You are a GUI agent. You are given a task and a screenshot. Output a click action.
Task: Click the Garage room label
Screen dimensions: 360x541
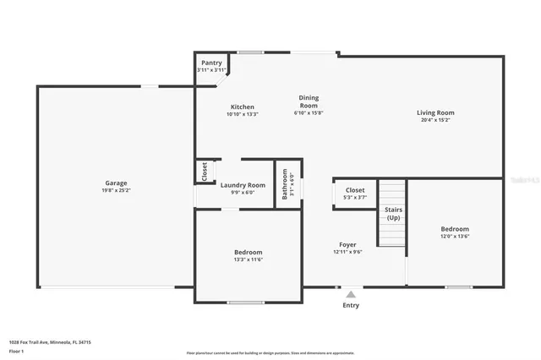pos(116,183)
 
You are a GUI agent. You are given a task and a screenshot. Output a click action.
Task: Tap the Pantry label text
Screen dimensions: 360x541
pos(210,63)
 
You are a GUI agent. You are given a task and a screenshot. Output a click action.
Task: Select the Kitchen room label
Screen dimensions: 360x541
pos(243,107)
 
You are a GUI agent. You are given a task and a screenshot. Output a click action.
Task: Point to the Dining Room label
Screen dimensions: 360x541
pos(309,101)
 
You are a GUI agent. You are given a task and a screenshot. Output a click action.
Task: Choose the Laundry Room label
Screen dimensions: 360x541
pos(243,185)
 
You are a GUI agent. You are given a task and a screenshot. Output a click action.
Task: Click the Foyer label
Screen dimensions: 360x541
pos(348,245)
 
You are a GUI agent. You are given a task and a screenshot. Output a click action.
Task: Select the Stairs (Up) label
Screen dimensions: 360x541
pos(393,213)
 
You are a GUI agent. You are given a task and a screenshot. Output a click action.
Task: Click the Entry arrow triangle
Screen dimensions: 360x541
pos(350,294)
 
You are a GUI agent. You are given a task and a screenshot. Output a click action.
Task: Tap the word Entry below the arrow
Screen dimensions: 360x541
pos(350,305)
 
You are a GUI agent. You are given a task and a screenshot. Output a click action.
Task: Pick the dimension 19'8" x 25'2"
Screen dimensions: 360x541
pos(116,191)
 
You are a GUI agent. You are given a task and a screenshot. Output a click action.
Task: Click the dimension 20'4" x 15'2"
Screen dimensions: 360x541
pos(435,120)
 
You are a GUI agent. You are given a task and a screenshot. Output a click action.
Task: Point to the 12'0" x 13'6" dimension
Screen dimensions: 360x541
pos(455,237)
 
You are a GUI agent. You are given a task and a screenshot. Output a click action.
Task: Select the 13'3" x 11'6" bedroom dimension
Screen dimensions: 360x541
pos(248,259)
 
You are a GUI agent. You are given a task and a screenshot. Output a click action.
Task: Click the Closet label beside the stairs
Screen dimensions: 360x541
pos(355,190)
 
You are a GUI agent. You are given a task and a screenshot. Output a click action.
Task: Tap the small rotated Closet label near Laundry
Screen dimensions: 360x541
pos(204,172)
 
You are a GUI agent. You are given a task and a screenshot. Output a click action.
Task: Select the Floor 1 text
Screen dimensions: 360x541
pos(16,350)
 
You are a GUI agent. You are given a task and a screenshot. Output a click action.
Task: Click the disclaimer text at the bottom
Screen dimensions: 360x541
pos(270,352)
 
